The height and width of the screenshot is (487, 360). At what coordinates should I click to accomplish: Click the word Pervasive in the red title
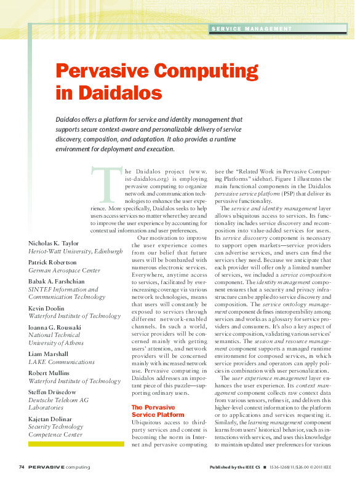pyautogui.click(x=104, y=71)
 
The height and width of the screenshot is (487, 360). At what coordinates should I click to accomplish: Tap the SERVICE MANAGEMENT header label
pyautogui.click(x=251, y=29)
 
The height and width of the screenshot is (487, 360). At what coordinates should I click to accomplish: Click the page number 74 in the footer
pyautogui.click(x=22, y=467)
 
